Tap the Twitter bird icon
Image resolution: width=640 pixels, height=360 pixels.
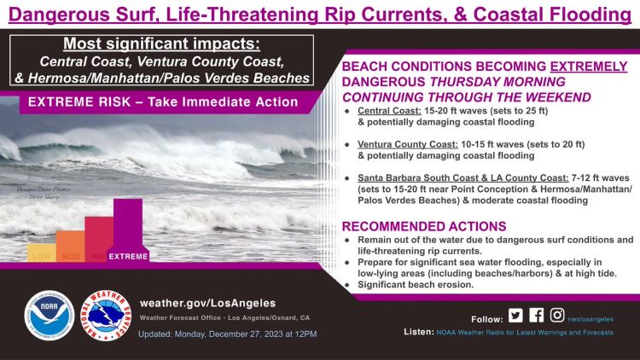515,315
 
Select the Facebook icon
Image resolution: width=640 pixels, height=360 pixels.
536,315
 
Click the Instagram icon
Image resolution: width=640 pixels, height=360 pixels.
556,315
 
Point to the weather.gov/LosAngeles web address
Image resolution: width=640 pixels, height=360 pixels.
207,303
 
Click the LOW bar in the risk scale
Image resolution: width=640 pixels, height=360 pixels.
41,253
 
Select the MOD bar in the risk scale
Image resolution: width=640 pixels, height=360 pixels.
70,247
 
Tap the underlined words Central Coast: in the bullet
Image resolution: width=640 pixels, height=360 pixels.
385,111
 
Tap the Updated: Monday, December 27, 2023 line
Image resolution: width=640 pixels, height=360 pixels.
227,334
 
